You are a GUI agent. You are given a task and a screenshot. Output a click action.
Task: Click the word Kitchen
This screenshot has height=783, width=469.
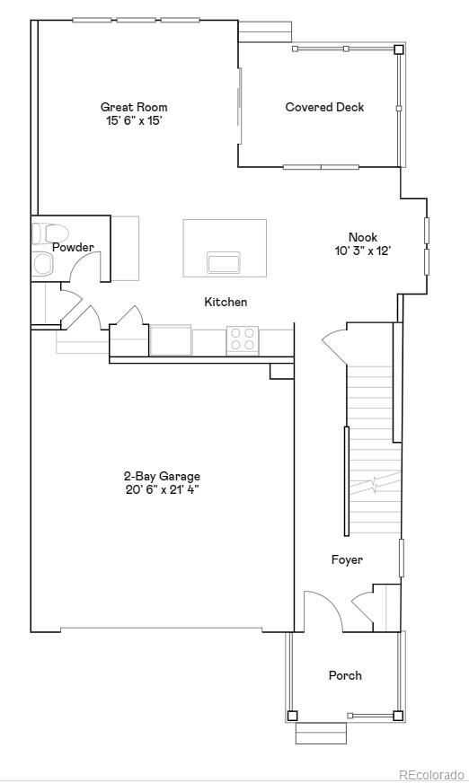226,302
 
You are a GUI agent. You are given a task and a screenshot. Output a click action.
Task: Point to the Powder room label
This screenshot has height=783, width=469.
73,247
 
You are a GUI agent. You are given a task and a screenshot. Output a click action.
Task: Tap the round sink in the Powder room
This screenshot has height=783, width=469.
43,263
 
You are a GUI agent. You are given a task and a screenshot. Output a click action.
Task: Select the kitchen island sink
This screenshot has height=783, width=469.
224,262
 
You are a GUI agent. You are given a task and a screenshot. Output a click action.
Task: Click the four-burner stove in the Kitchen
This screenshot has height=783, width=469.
242,339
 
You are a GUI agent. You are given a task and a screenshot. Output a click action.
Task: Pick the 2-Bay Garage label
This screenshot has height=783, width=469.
162,476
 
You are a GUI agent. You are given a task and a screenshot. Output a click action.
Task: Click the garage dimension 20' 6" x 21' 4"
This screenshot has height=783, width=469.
162,489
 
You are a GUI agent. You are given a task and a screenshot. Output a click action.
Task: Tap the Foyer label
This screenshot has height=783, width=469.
347,560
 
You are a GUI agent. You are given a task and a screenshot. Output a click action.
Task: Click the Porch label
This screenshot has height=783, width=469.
345,675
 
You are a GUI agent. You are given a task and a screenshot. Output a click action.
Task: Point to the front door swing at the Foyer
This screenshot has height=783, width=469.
322,611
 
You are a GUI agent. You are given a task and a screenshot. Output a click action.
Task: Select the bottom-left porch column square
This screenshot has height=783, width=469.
292,716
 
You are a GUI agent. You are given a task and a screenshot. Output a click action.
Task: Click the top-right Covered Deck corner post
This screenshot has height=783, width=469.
399,49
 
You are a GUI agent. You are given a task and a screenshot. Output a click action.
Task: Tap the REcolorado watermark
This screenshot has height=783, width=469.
431,774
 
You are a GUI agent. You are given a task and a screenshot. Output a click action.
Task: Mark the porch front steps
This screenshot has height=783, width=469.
321,733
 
